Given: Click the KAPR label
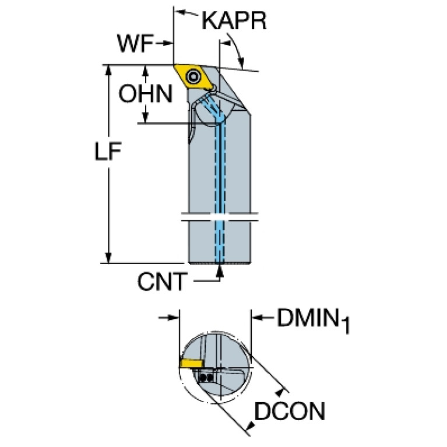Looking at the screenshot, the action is coord(234,20).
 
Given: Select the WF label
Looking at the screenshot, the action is coord(136,43).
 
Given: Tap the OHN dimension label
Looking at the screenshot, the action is coord(146,93).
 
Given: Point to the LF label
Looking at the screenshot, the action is coord(108,150).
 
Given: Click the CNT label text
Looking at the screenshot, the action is coord(163,281).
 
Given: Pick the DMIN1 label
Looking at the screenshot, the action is coord(314,320).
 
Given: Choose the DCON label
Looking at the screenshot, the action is coord(290,411).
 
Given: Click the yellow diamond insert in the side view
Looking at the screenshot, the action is coord(194,77).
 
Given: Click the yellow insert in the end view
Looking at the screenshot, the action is coord(192,363).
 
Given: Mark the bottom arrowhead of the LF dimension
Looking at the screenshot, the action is coord(108,258).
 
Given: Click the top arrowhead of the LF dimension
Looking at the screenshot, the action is coord(108,71).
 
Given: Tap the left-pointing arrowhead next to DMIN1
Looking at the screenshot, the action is coord(256,317).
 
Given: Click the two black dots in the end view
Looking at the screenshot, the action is coord(206,378).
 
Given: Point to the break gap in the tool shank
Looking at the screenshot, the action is coord(220,217).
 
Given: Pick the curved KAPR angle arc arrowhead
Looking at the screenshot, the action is coord(242,64).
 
